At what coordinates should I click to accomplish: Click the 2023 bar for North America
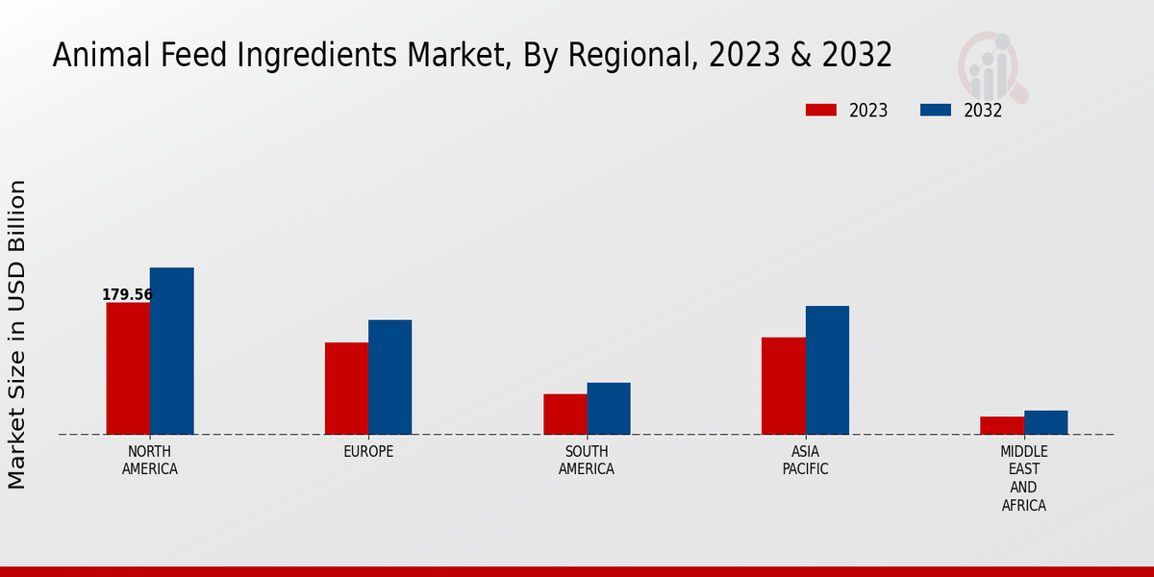click(128, 368)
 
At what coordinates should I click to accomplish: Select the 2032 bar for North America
click(171, 351)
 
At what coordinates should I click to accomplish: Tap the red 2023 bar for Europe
click(346, 389)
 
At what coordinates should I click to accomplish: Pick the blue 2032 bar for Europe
click(389, 377)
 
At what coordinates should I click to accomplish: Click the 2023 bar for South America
click(564, 414)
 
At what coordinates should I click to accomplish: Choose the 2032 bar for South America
click(609, 409)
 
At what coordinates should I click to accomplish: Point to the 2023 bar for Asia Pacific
click(783, 386)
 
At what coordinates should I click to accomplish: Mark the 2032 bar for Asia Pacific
click(827, 370)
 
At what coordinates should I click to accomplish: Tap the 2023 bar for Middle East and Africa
click(1002, 425)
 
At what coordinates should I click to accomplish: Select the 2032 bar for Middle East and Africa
click(1045, 422)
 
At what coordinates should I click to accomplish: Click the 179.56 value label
click(127, 294)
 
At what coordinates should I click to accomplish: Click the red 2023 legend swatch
click(820, 111)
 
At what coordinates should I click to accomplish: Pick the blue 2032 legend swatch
click(935, 111)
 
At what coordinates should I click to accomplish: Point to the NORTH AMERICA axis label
click(149, 461)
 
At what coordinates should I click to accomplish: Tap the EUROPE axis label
click(368, 452)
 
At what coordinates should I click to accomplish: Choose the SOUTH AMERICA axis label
click(587, 461)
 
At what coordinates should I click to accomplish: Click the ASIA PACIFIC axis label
click(805, 461)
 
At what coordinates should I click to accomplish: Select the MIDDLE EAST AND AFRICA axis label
click(1023, 478)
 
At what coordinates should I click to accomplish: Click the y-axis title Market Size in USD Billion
click(17, 334)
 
